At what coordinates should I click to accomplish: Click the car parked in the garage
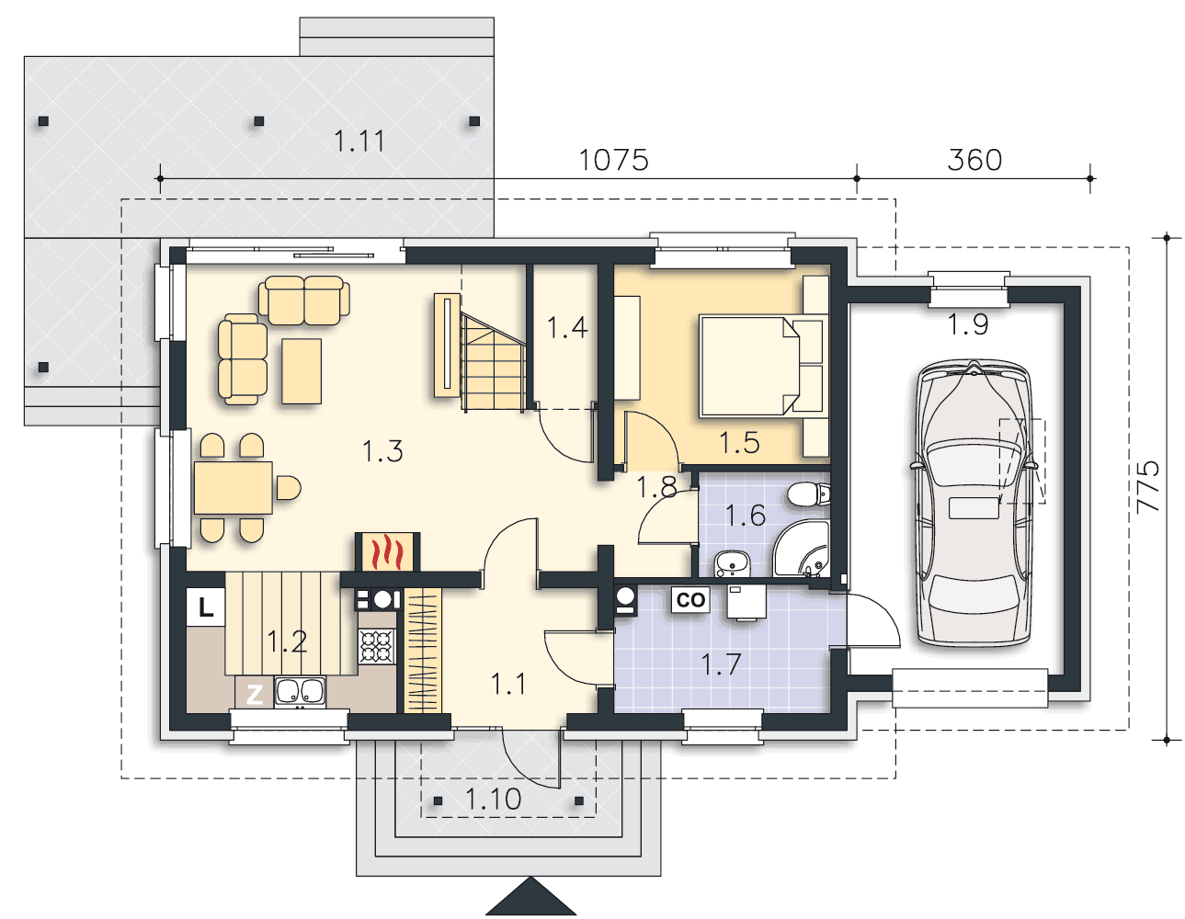pos(974,503)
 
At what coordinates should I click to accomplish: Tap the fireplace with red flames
pos(387,552)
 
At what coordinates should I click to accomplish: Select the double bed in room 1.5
pos(761,367)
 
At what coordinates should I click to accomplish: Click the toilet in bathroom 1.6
pos(808,494)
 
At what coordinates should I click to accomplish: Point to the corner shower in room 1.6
pos(802,549)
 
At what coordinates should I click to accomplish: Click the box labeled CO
pos(689,600)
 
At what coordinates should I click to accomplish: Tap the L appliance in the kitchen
pos(206,607)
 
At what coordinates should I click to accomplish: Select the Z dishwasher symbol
pos(254,695)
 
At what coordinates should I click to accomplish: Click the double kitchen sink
pos(300,692)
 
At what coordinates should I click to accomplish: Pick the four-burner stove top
pos(376,646)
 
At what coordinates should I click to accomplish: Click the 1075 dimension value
pos(613,160)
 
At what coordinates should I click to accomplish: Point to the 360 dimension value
pos(974,160)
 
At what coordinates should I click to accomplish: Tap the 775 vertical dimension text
pos(1147,487)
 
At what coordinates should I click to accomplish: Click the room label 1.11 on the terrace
pos(359,142)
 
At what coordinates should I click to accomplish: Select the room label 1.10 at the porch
pos(494,800)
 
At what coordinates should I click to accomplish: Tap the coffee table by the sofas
pos(302,370)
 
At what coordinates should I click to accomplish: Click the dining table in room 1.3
pos(233,487)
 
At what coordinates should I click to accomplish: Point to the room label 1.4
pos(567,327)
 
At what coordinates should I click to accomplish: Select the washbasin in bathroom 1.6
pos(732,563)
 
